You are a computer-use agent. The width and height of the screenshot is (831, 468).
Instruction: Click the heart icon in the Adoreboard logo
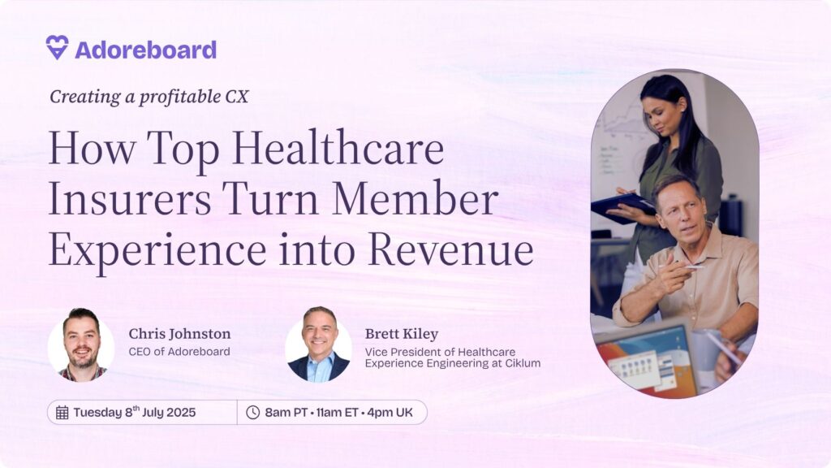(x=57, y=47)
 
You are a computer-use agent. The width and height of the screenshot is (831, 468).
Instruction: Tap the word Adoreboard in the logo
(x=146, y=50)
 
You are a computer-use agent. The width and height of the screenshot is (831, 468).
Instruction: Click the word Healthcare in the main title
(x=338, y=149)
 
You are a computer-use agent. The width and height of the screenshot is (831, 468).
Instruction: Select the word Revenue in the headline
(x=451, y=250)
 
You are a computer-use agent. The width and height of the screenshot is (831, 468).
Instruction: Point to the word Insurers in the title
(x=130, y=200)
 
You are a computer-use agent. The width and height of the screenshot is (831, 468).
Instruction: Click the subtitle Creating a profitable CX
(x=149, y=97)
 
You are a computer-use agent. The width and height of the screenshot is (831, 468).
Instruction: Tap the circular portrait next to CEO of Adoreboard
(x=81, y=344)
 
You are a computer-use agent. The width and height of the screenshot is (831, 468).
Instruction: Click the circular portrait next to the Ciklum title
(x=318, y=344)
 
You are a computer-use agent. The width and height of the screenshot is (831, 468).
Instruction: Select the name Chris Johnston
(x=179, y=334)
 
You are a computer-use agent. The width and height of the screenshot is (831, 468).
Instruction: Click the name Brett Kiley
(x=401, y=334)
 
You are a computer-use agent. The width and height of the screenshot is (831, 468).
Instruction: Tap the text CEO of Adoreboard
(x=179, y=351)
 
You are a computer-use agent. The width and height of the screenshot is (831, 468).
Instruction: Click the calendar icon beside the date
(x=62, y=412)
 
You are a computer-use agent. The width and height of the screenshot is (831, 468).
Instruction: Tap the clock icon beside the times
(x=253, y=412)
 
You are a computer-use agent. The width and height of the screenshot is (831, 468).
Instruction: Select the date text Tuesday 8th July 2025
(x=134, y=412)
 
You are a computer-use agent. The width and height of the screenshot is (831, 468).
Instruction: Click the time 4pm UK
(x=390, y=412)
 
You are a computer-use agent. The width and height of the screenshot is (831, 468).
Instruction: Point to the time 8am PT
(x=286, y=412)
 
